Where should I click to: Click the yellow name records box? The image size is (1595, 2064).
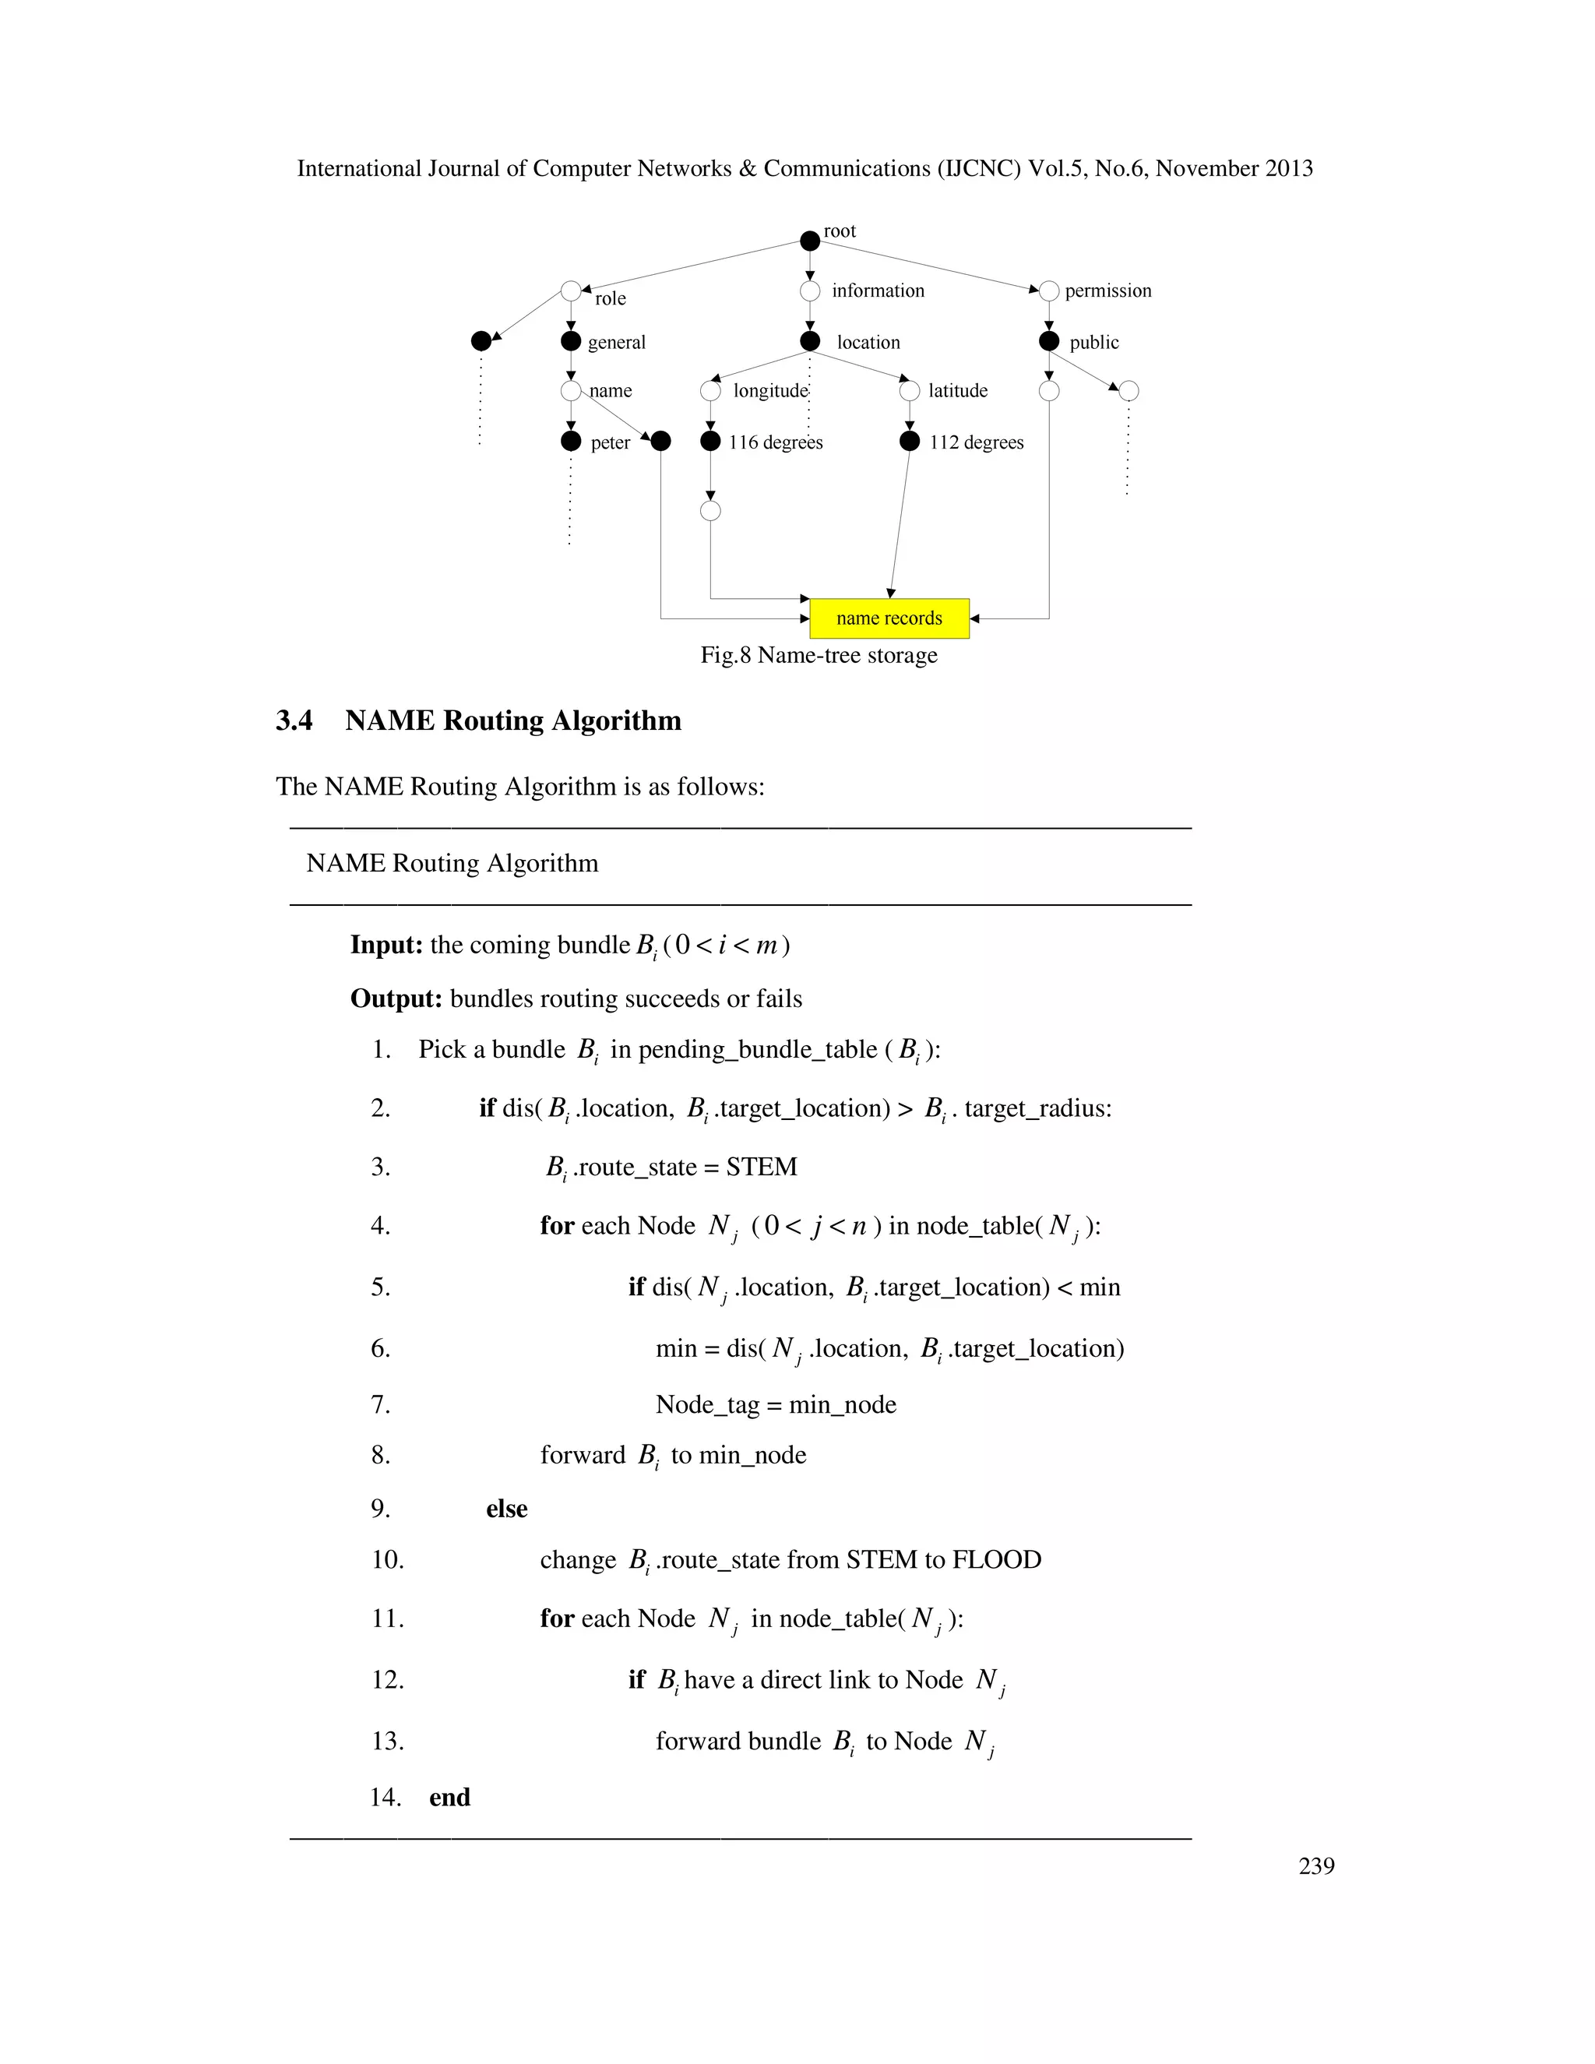(x=889, y=618)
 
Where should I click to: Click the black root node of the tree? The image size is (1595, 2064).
(x=810, y=241)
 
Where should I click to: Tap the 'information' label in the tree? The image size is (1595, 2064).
(x=878, y=291)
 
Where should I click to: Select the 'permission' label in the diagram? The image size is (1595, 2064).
(x=1107, y=291)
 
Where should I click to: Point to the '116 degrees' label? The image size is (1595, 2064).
(x=775, y=442)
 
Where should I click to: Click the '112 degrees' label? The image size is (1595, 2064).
(x=976, y=442)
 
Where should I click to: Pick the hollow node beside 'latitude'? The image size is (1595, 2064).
(x=909, y=391)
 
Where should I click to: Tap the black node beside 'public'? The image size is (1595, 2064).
(x=1049, y=341)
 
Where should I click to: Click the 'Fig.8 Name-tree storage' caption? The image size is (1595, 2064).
(x=819, y=655)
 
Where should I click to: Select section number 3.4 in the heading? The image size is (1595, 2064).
(x=294, y=721)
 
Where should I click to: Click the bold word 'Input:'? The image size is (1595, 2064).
(x=386, y=945)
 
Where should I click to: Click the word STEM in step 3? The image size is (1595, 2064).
(x=762, y=1168)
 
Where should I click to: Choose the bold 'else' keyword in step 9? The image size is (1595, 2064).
(x=506, y=1509)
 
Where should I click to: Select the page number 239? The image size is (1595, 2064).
(x=1316, y=1865)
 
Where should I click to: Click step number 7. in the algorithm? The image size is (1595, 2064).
(x=381, y=1404)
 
